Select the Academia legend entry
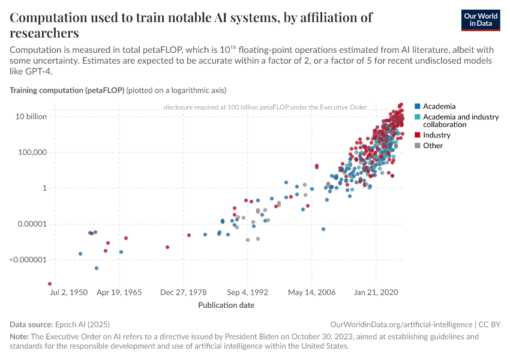pyautogui.click(x=439, y=106)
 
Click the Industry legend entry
pyautogui.click(x=436, y=135)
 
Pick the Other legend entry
pyautogui.click(x=433, y=145)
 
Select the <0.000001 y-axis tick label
pyautogui.click(x=27, y=260)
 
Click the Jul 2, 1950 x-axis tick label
pyautogui.click(x=70, y=293)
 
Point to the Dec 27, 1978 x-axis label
pyautogui.click(x=184, y=293)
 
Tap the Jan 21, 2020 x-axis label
pyautogui.click(x=376, y=293)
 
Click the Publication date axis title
pyautogui.click(x=226, y=305)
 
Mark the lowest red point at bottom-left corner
pyautogui.click(x=50, y=284)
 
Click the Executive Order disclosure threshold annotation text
pyautogui.click(x=265, y=107)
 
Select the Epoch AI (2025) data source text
pyautogui.click(x=82, y=324)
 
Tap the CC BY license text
pyautogui.click(x=490, y=324)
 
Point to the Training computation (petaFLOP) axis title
pyautogui.click(x=67, y=91)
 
